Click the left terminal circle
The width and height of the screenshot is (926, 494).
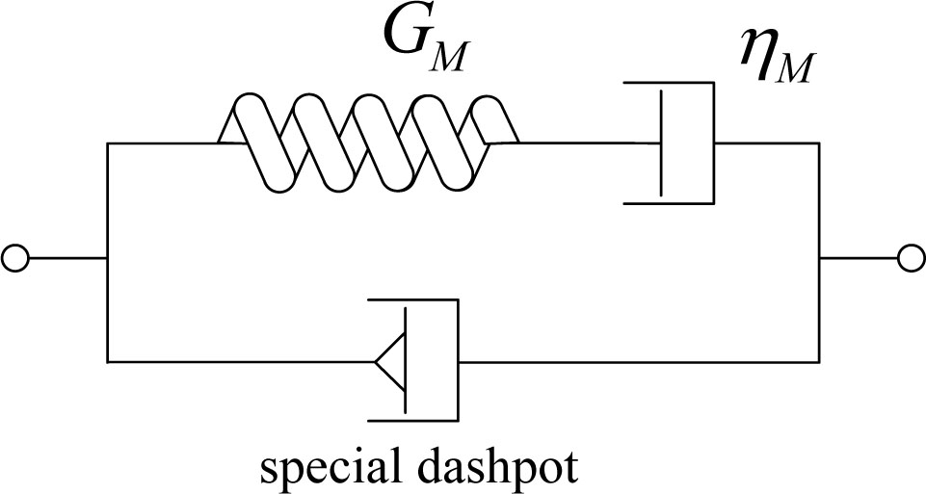16,258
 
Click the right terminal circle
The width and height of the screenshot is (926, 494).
908,258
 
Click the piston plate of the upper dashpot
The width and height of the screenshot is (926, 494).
661,143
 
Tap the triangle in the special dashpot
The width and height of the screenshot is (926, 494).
389,362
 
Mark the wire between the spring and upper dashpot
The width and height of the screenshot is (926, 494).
588,143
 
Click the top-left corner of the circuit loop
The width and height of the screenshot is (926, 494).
107,143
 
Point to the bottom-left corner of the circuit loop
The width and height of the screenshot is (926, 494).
107,362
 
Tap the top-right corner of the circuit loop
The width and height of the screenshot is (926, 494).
819,143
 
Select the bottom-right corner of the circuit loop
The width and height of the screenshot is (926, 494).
819,362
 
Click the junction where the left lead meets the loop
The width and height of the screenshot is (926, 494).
107,258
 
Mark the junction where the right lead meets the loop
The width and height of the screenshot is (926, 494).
819,258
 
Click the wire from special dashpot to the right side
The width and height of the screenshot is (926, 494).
636,362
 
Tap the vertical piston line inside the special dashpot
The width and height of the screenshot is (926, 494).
405,361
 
